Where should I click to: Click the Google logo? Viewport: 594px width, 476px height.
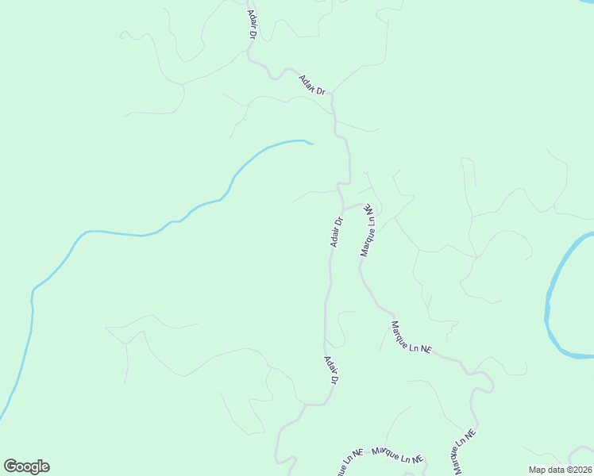coord(27,466)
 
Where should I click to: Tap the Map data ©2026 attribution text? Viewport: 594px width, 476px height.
coord(559,470)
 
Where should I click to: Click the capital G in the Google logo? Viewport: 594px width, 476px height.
coord(11,466)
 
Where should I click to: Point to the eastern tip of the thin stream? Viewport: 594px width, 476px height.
coord(311,144)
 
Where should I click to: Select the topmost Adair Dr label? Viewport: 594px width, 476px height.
coord(252,25)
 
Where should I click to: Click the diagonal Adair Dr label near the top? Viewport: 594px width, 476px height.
coord(313,85)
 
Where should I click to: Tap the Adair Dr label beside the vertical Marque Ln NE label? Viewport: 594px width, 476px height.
coord(337,232)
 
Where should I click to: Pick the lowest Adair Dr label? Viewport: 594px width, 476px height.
coord(331,370)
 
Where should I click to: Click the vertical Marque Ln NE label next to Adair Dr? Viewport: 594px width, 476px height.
coord(367,229)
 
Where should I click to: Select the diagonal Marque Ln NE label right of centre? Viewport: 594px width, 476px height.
coord(411,336)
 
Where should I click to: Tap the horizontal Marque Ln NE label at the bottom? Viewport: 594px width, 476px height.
coord(397,455)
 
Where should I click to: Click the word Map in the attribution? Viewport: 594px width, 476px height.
coord(538,470)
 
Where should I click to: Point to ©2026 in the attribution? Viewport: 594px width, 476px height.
coord(577,470)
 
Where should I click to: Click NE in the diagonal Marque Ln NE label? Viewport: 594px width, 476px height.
coord(425,348)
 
